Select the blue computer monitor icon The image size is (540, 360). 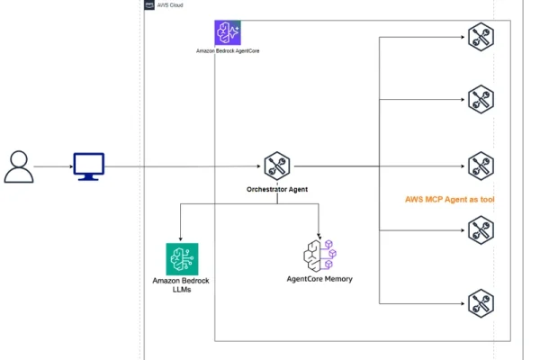pos(88,166)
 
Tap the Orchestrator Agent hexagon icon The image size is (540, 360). pos(276,166)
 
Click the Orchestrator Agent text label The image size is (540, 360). pos(276,190)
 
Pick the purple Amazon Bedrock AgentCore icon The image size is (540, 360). pos(228,33)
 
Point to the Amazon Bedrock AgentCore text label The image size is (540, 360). pos(228,51)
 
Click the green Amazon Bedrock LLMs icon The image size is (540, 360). pos(182,258)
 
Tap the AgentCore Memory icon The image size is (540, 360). pos(319,255)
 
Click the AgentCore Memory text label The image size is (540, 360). pos(319,279)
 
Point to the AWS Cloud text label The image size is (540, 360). pos(171,4)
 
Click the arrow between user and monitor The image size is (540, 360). pos(52,166)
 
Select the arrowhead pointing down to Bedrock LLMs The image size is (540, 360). pos(182,237)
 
